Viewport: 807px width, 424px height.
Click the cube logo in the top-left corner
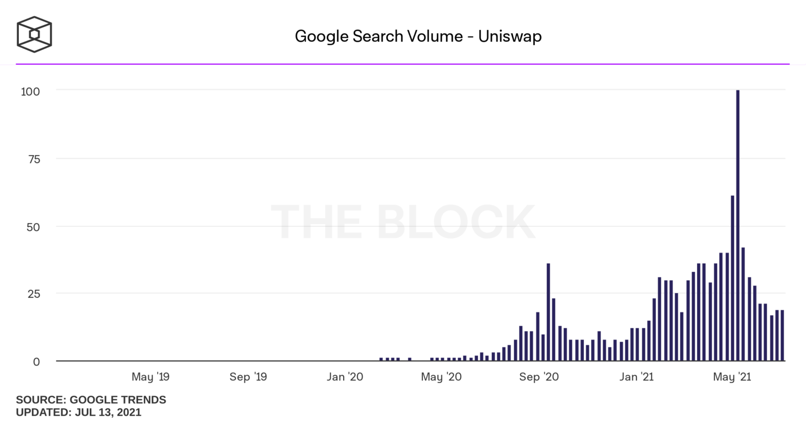(34, 35)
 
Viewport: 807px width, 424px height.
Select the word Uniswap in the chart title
(510, 36)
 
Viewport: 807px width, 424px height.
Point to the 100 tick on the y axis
(30, 92)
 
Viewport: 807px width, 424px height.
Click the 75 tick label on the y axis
(34, 159)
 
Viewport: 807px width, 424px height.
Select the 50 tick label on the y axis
(33, 227)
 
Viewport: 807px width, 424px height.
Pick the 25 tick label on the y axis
(34, 294)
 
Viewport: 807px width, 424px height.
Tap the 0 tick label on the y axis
(36, 362)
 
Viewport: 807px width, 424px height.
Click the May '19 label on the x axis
(150, 377)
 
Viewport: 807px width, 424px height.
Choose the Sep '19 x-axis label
(248, 377)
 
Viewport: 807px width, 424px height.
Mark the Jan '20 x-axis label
(345, 377)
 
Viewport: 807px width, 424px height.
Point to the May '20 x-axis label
(441, 377)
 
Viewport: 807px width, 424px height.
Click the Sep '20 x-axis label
(539, 377)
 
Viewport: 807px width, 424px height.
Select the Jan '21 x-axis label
(636, 377)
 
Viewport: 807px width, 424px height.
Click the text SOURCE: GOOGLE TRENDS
(91, 400)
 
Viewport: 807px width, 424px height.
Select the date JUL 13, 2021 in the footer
(108, 412)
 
